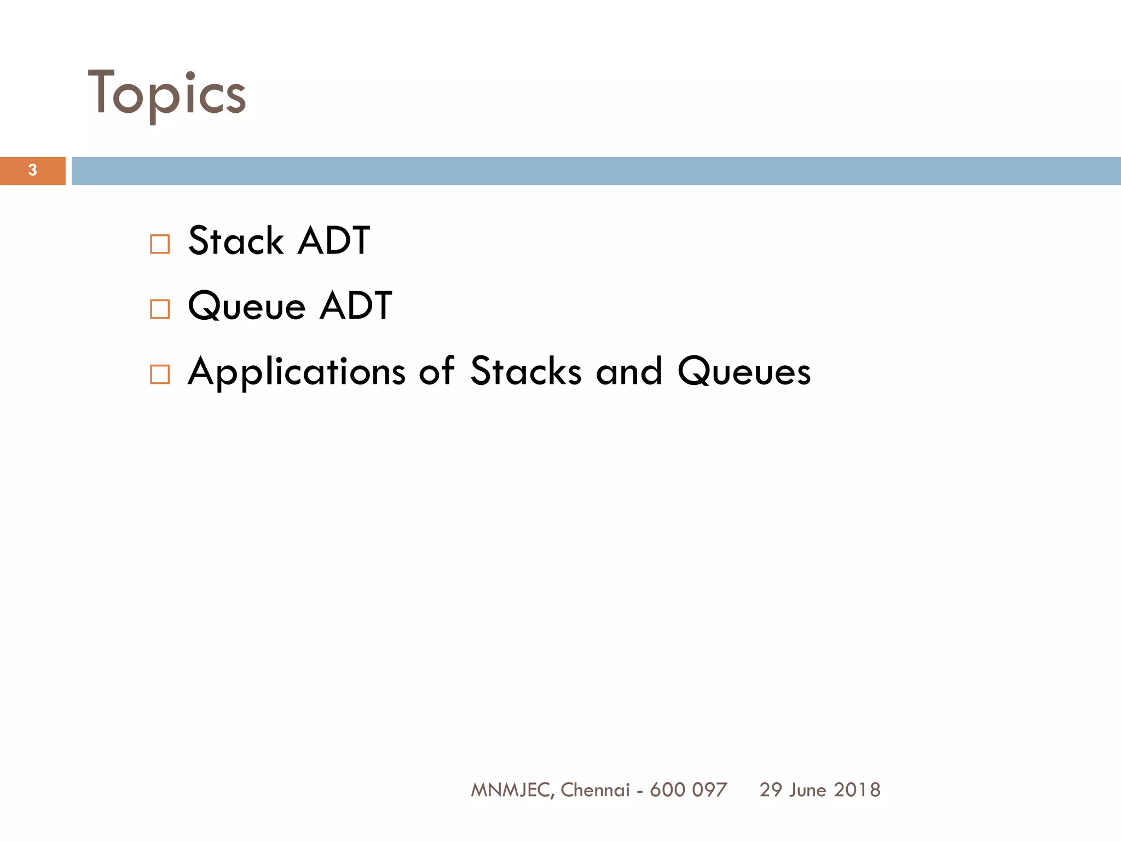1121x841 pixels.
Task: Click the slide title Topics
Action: (x=167, y=94)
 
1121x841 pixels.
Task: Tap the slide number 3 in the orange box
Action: (x=32, y=170)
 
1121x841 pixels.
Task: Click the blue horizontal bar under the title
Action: (x=596, y=171)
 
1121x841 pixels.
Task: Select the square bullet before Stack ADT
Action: (x=159, y=244)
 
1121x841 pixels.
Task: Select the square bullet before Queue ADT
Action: (x=159, y=309)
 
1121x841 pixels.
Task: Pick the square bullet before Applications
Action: (x=159, y=375)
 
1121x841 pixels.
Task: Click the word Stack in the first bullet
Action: (x=236, y=241)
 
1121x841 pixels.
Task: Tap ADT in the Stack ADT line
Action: (x=334, y=241)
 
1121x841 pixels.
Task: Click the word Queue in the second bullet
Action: (x=246, y=306)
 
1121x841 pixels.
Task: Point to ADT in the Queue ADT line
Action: (x=356, y=306)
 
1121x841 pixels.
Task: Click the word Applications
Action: (x=296, y=372)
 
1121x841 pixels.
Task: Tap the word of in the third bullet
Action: (x=436, y=371)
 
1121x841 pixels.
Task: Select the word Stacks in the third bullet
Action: (x=525, y=371)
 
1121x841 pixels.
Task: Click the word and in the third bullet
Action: (x=629, y=371)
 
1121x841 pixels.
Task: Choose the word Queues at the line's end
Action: (x=744, y=371)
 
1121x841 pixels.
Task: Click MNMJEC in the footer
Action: (x=512, y=790)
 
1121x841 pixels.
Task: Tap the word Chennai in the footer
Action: (x=595, y=790)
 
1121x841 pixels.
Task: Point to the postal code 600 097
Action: (x=688, y=790)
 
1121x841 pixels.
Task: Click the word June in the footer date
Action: (x=807, y=790)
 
